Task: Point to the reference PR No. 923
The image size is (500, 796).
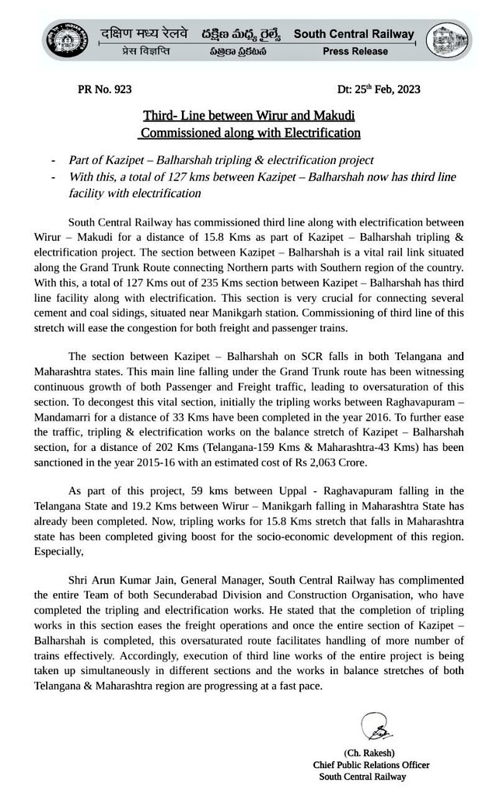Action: pos(105,89)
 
